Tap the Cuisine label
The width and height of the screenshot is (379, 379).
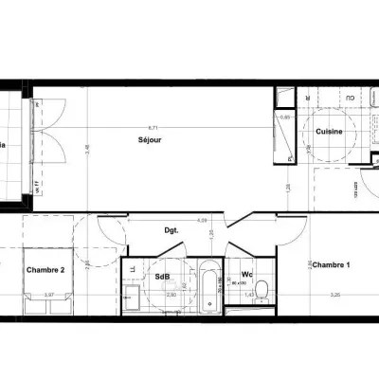click(x=328, y=131)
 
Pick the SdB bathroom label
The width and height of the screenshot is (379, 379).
click(x=162, y=277)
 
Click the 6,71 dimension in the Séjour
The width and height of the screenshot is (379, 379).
click(x=152, y=126)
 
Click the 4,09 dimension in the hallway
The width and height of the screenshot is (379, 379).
click(x=201, y=220)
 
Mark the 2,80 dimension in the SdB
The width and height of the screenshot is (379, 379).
click(x=171, y=295)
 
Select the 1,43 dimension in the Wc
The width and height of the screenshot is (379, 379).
click(x=249, y=295)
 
